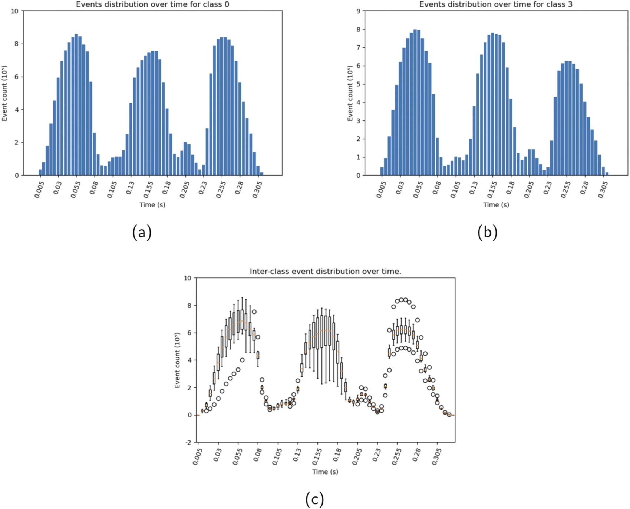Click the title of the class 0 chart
(152, 4)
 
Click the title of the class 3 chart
(496, 4)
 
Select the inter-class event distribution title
(325, 272)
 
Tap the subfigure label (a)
(142, 232)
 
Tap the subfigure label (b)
(487, 232)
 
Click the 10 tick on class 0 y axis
(14, 11)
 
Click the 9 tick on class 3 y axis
(358, 11)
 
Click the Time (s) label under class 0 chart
(152, 205)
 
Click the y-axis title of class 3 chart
(350, 93)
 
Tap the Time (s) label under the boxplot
(325, 472)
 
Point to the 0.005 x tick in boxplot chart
(198, 456)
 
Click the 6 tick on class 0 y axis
(16, 77)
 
